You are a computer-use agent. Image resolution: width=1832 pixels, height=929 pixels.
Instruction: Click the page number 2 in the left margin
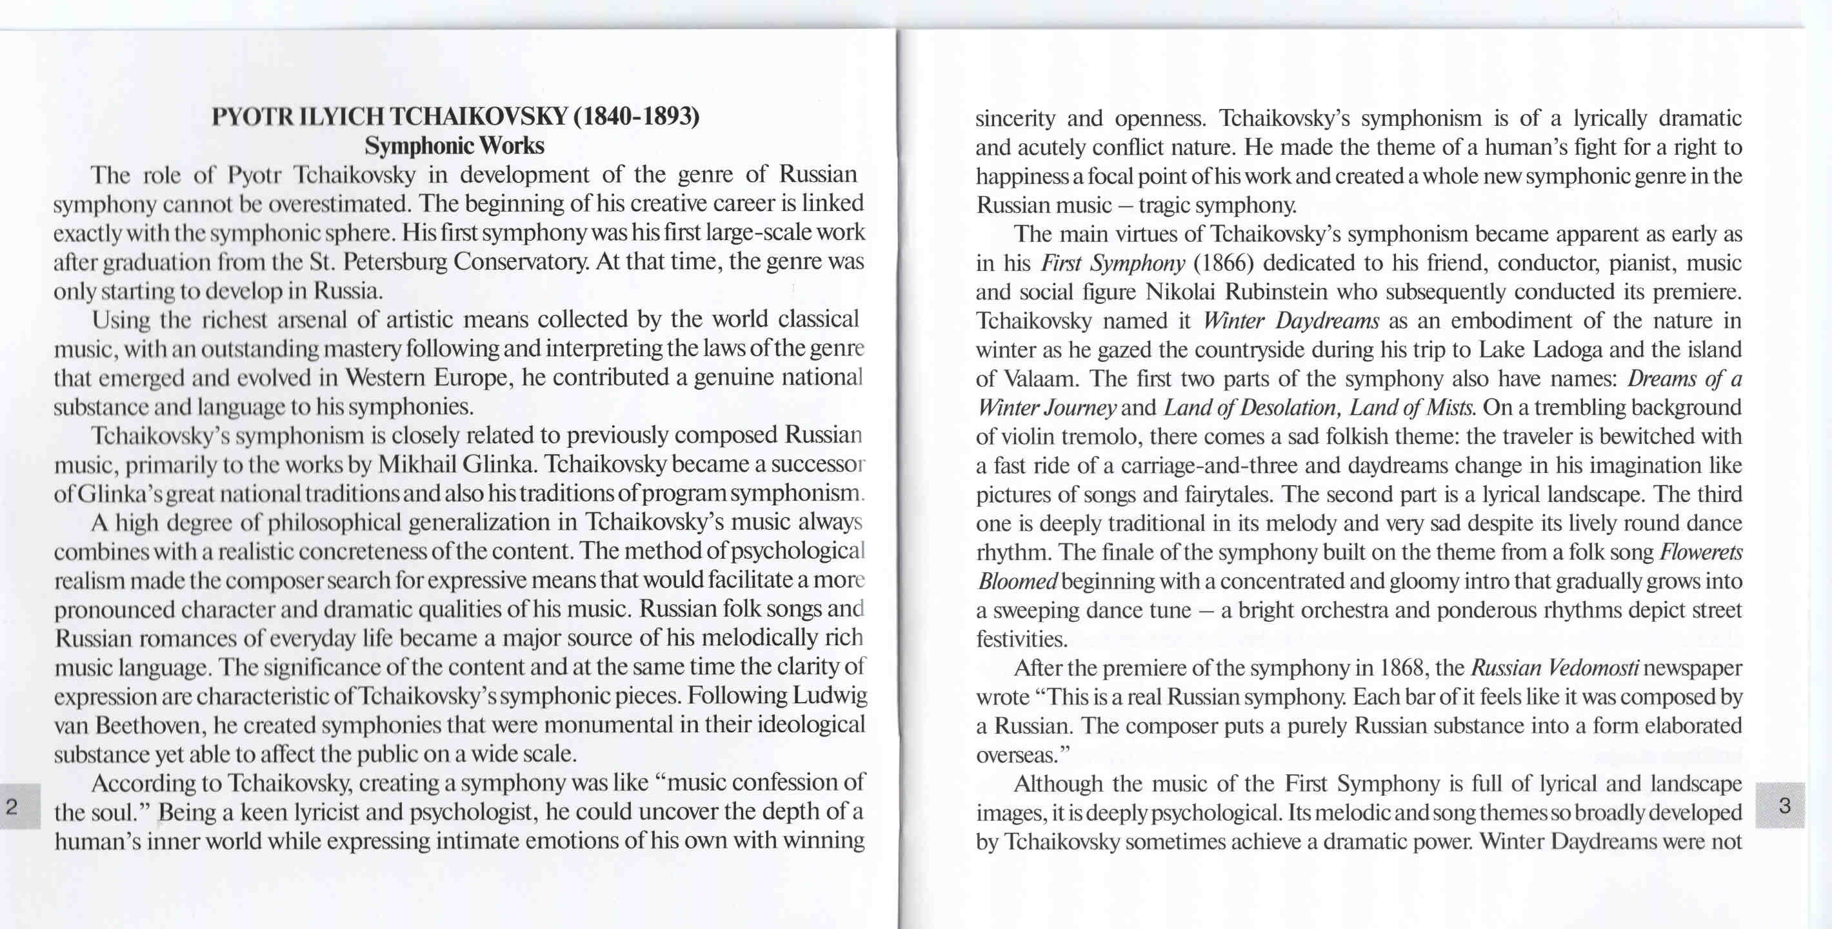[12, 806]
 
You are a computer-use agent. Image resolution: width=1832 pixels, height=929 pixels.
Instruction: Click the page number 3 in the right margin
[1784, 805]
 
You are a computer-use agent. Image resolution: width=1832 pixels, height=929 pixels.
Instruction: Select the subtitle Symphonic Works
[454, 146]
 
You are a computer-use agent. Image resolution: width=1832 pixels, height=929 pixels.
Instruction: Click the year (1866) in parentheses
[1223, 263]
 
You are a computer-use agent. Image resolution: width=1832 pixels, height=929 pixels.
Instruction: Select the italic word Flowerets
[1701, 552]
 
